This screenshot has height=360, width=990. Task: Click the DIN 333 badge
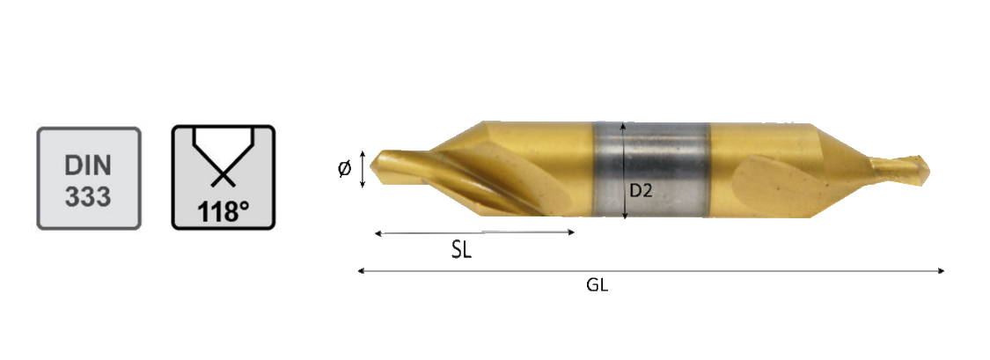(x=89, y=178)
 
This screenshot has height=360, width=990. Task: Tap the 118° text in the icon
(x=224, y=211)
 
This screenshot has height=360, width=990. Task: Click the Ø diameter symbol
(x=345, y=169)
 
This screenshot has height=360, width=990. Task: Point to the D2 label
(x=641, y=191)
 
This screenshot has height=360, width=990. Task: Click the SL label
(x=461, y=251)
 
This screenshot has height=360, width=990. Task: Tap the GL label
(x=598, y=285)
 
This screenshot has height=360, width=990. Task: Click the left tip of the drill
(x=370, y=165)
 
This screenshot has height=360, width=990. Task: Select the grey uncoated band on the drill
(x=651, y=169)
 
